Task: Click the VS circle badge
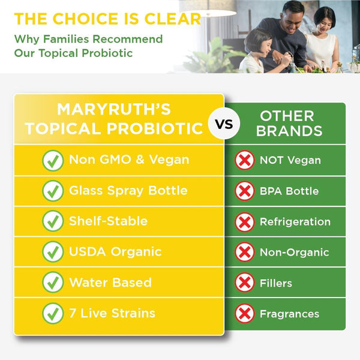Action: pos(224,124)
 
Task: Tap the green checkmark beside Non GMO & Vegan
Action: pos(53,160)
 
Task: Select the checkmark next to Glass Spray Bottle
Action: pos(53,191)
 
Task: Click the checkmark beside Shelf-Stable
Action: pos(53,221)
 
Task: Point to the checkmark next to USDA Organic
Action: pos(53,252)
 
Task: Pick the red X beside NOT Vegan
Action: pos(244,160)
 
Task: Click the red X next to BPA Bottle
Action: pos(244,191)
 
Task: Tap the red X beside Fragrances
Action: pos(244,313)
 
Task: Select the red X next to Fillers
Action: pos(244,283)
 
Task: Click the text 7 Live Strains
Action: pos(112,313)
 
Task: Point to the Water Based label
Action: pos(110,283)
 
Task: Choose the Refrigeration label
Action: pos(295,221)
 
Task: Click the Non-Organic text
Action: pos(294,252)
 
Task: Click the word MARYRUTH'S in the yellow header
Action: pos(113,110)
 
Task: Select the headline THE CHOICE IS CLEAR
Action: pos(108,18)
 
